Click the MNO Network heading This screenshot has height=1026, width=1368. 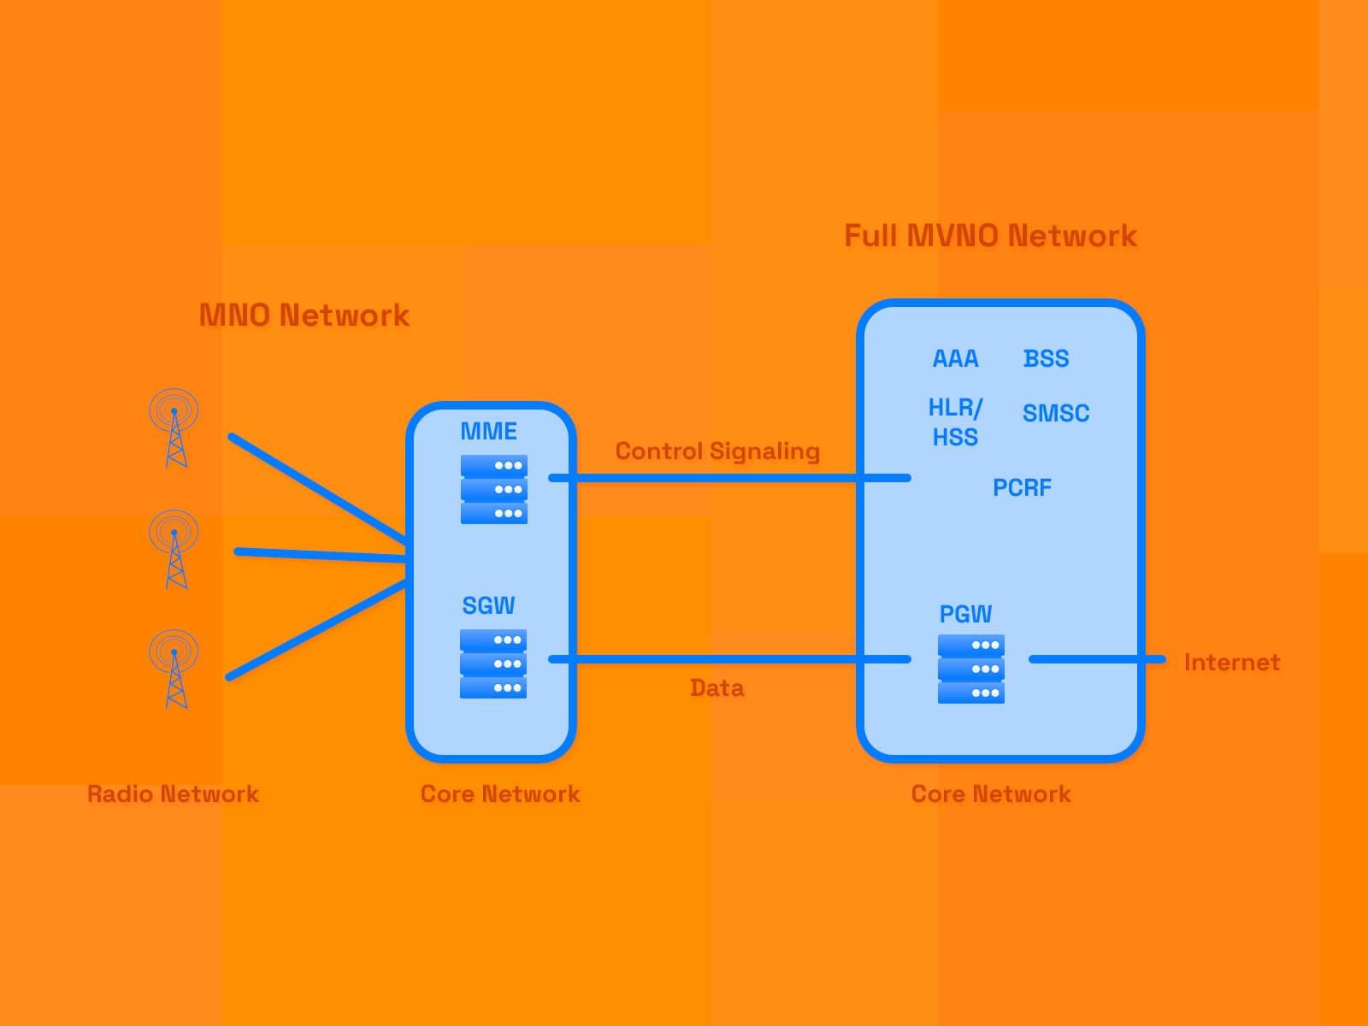304,315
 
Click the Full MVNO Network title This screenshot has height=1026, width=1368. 990,236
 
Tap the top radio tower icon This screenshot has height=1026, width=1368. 174,427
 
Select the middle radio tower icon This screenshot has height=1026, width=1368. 174,549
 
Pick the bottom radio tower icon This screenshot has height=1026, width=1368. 174,669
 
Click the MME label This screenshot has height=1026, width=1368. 488,431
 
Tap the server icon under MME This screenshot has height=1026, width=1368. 493,489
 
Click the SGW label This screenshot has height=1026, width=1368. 488,605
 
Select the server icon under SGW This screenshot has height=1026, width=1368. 492,664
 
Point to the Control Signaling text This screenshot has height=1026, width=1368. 717,451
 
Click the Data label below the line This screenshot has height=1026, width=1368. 716,688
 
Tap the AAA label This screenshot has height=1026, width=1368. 955,359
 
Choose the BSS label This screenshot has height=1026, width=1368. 1046,359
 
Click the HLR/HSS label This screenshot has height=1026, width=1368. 955,422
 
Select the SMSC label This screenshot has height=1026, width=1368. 1056,414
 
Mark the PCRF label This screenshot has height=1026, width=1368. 1022,488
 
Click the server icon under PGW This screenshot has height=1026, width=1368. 970,669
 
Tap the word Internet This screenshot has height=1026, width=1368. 1231,663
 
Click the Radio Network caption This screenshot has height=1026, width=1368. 173,794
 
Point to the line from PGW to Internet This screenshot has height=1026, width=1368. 1096,659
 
